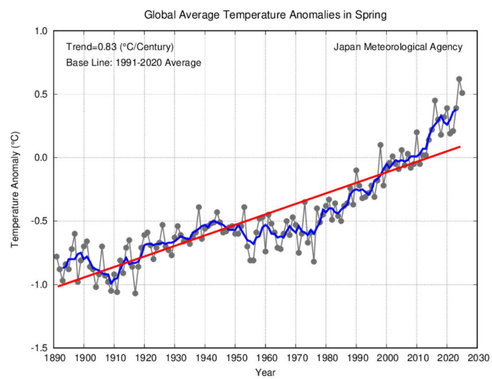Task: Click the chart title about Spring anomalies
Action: pos(265,15)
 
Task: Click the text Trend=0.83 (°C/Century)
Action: pos(120,47)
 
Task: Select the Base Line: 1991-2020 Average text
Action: pos(133,63)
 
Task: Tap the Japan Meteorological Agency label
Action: pos(398,47)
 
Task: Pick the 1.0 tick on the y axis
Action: pos(41,31)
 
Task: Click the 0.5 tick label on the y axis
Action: pos(41,94)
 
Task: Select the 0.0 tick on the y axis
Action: pos(41,158)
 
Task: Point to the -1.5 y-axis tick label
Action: pos(39,348)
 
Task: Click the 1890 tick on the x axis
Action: pos(54,357)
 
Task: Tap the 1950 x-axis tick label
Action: pos(235,357)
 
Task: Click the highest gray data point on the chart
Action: pos(459,79)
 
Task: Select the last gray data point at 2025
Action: pos(462,93)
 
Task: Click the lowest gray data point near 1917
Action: pos(135,293)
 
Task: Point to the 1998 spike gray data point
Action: pos(381,145)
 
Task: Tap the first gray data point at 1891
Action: pos(56,256)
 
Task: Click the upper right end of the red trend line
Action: pos(460,147)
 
